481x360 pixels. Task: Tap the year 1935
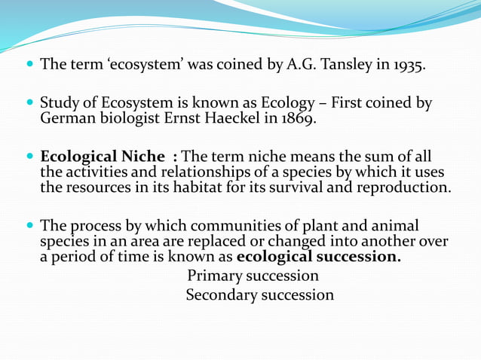click(406, 66)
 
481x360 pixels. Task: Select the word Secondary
click(222, 294)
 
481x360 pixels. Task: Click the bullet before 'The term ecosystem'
click(29, 66)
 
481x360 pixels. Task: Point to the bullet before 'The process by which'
click(29, 227)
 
